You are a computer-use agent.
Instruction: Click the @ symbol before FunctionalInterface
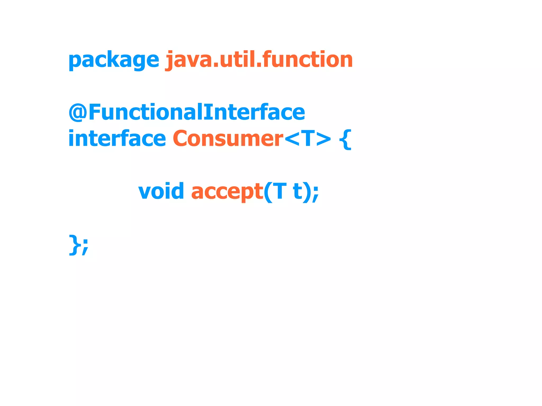(x=78, y=112)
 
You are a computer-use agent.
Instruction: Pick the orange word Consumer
(x=228, y=139)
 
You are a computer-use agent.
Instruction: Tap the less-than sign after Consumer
(x=292, y=139)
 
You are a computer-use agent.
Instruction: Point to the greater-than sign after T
(x=323, y=139)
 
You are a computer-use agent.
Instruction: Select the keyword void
(x=161, y=191)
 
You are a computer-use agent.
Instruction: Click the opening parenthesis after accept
(x=268, y=192)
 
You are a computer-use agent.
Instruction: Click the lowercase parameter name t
(x=298, y=191)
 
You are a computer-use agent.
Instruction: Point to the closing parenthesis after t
(x=307, y=192)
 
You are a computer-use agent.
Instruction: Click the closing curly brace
(x=74, y=245)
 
